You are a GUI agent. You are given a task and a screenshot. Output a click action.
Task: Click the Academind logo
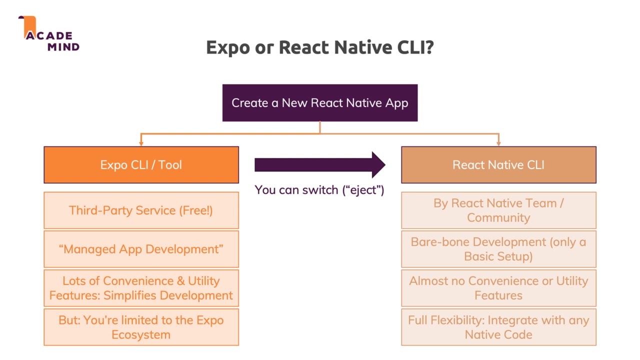(x=50, y=35)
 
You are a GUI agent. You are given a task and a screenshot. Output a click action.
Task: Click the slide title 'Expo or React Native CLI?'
(x=319, y=47)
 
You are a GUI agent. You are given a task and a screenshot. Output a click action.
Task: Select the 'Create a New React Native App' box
(x=319, y=103)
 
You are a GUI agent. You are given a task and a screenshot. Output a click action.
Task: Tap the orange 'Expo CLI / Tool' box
(x=141, y=165)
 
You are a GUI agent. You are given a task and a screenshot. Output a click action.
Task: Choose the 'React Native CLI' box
(x=498, y=165)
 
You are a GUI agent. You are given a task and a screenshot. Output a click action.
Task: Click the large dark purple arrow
(x=319, y=165)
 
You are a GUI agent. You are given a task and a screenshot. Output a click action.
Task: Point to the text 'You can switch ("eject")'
(x=319, y=190)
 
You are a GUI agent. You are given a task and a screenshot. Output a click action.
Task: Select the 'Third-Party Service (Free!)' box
(x=141, y=210)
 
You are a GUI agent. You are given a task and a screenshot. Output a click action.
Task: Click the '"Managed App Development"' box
(x=141, y=249)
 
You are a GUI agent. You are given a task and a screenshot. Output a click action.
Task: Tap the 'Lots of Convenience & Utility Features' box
(x=141, y=288)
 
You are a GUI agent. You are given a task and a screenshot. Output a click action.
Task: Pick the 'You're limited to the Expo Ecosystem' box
(x=141, y=327)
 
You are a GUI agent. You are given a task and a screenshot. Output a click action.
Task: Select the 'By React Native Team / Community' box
(x=498, y=210)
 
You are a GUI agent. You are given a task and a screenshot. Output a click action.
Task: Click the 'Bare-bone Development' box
(x=498, y=249)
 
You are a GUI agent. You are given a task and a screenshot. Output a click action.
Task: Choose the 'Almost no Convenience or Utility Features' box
(x=498, y=288)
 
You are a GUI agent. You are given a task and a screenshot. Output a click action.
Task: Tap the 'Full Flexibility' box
(x=498, y=327)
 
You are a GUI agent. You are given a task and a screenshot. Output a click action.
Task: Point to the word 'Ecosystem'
(x=141, y=334)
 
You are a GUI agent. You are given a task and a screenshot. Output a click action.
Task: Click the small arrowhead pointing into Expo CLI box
(x=141, y=143)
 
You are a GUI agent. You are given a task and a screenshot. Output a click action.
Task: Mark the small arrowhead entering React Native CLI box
(x=498, y=143)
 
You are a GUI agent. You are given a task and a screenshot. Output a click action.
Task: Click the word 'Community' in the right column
(x=498, y=218)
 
